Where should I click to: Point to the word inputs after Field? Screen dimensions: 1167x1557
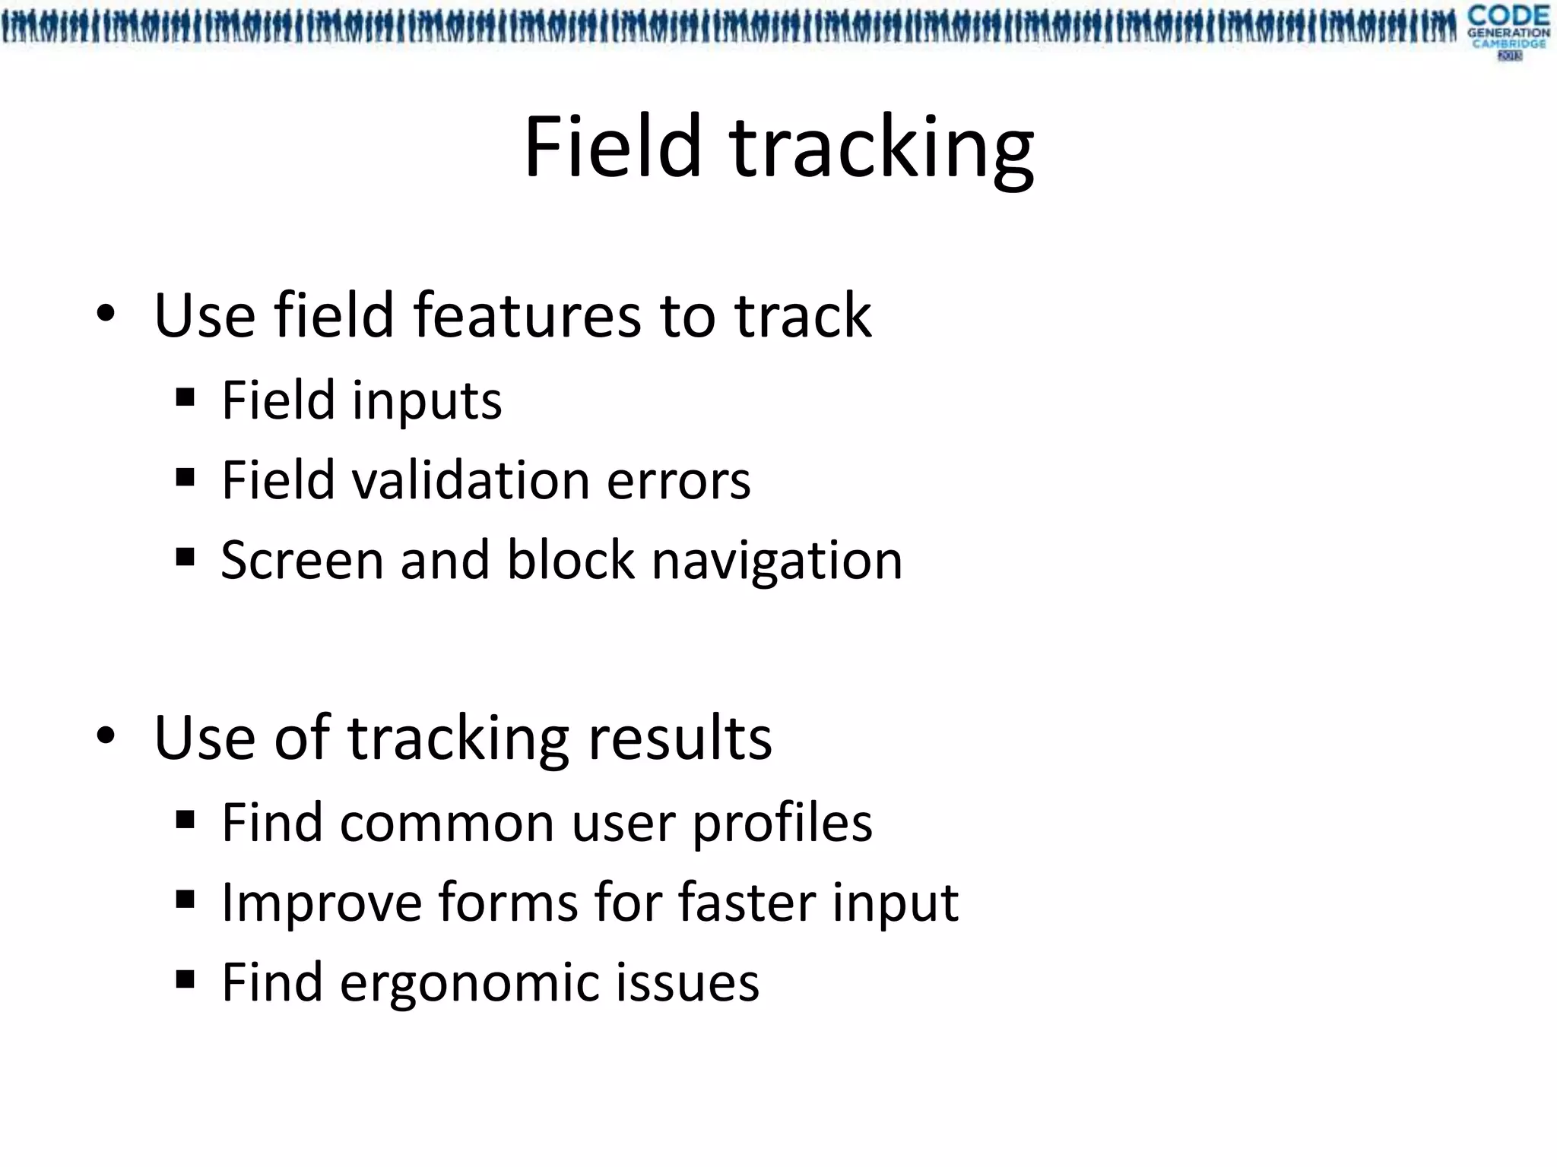coord(427,402)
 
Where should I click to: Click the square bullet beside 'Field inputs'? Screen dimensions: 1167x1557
coord(185,397)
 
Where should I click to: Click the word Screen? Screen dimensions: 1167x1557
coord(302,561)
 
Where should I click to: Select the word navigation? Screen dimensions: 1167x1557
coord(777,562)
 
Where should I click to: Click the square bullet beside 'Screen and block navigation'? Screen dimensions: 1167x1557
coord(185,557)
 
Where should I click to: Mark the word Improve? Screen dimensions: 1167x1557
coord(320,904)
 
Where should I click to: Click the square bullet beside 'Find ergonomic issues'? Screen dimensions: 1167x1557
coord(185,979)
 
